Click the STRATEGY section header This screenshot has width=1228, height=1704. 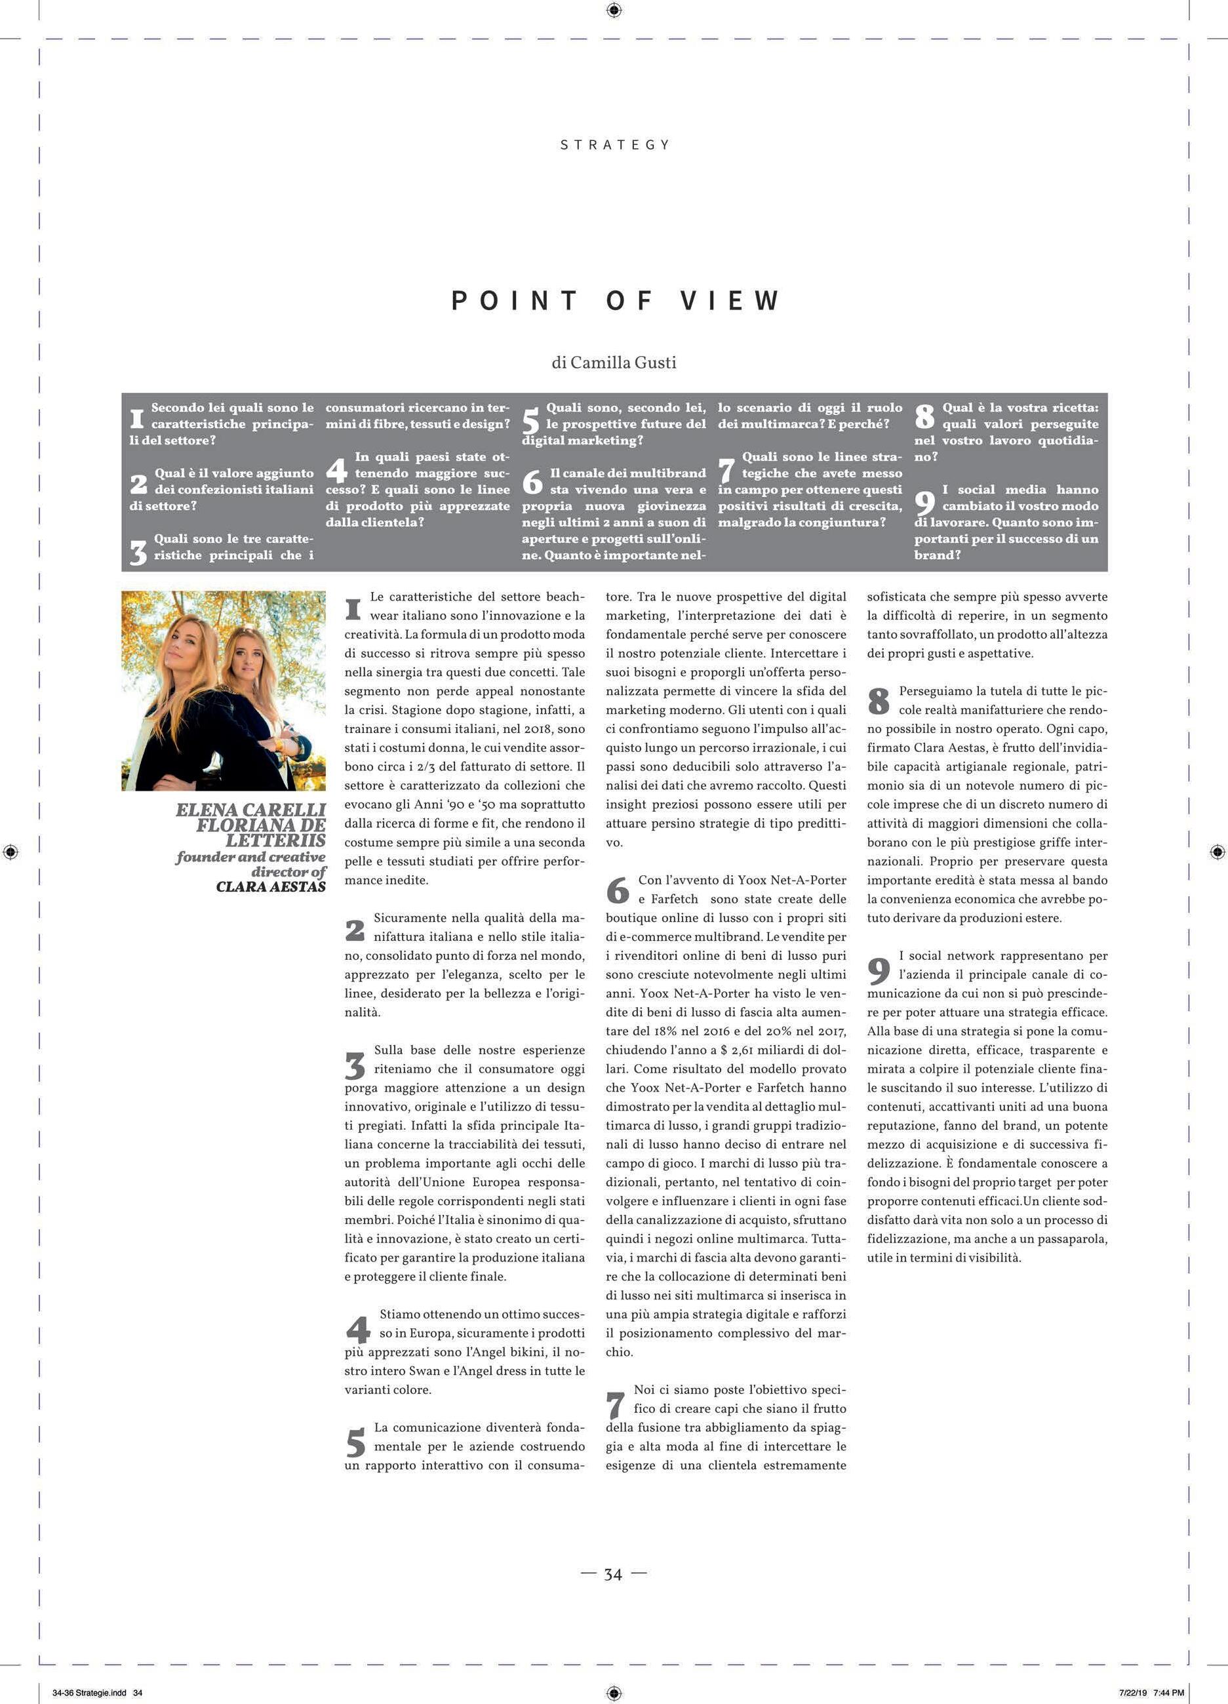pos(614,144)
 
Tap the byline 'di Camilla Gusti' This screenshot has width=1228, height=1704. pos(613,362)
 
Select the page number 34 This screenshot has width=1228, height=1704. pos(613,1574)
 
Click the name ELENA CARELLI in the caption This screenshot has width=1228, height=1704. pos(250,810)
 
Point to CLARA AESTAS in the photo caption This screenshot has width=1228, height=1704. pos(271,886)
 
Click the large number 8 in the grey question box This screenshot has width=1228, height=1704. pos(925,416)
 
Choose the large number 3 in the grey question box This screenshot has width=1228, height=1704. pos(138,552)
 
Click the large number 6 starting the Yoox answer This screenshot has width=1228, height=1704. pos(618,890)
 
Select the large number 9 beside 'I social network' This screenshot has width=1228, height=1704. pos(879,971)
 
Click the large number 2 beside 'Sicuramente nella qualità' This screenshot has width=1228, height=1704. pos(355,930)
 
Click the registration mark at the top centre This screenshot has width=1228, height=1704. pos(613,10)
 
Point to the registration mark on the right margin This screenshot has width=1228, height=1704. pos(1218,851)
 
